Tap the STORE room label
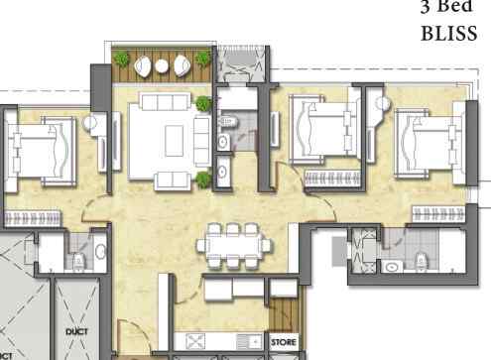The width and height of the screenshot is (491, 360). pos(283,342)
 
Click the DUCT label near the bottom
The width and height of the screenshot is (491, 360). pos(76,331)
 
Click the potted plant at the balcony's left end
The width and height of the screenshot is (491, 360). pos(121,61)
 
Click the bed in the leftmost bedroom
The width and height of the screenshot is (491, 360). pos(40,149)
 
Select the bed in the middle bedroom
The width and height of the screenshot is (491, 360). pos(322,131)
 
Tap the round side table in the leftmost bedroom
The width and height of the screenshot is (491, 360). pos(88,124)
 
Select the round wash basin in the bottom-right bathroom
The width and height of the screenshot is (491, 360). pos(393,267)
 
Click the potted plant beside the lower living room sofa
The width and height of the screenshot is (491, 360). pos(204,179)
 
